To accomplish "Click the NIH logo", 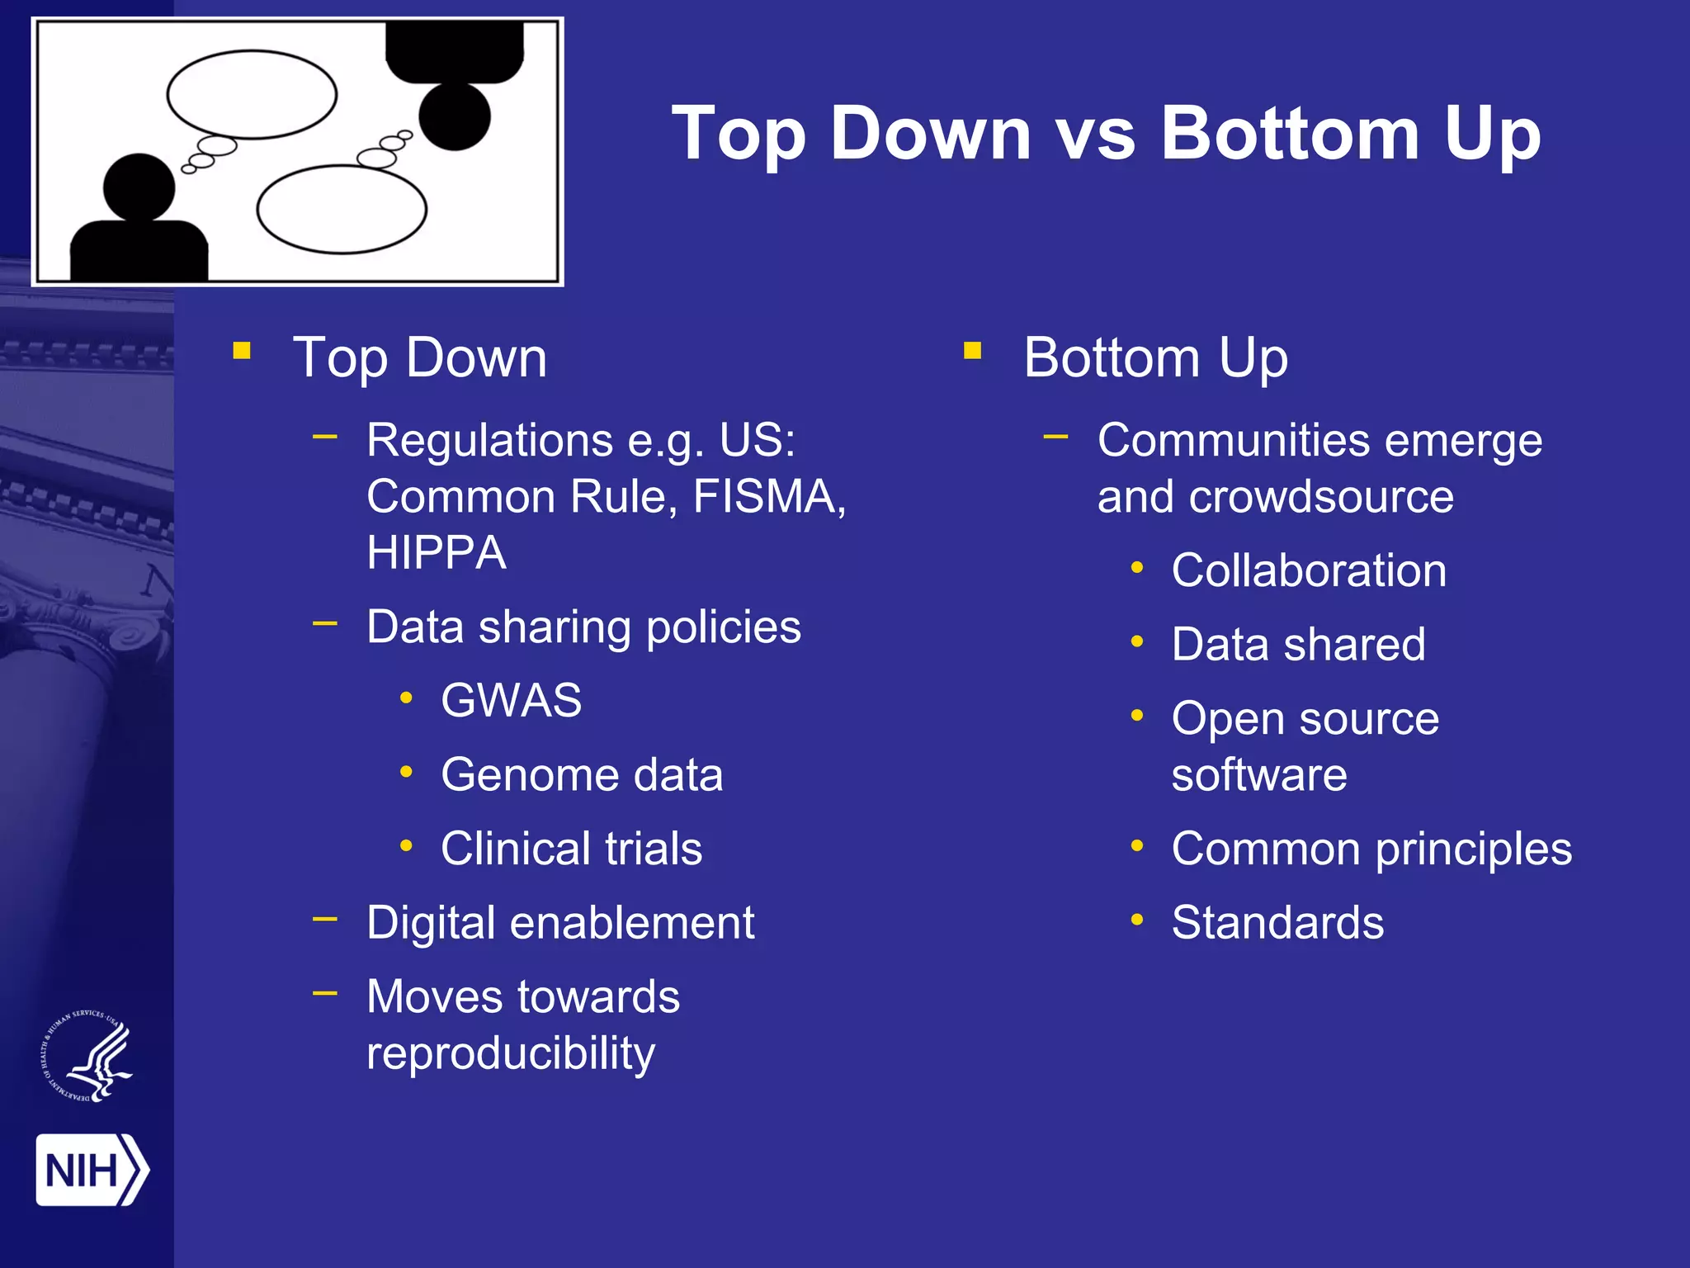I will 92,1170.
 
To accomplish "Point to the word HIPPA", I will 437,553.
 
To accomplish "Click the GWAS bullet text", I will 511,701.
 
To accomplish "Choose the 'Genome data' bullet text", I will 582,775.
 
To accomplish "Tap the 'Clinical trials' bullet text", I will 571,849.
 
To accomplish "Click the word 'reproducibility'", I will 511,1053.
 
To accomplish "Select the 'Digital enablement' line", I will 560,923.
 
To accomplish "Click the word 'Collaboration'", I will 1309,570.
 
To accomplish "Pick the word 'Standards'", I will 1277,923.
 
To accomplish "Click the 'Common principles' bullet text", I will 1371,849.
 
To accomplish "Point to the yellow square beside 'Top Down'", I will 242,352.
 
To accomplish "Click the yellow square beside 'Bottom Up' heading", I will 973,352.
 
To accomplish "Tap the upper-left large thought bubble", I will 252,94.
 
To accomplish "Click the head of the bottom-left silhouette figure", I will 139,187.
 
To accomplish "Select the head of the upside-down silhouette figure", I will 455,116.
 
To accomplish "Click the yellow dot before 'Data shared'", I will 1137,641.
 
